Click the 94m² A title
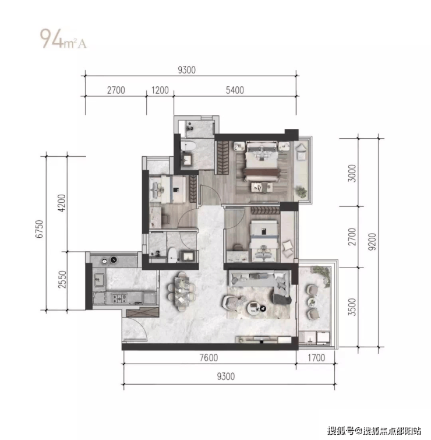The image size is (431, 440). click(x=63, y=38)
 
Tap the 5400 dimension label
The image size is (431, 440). click(x=235, y=90)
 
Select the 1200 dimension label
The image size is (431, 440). click(x=160, y=90)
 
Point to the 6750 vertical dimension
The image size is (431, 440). click(x=40, y=229)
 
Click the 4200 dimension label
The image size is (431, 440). click(x=61, y=203)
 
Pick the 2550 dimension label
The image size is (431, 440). click(x=62, y=280)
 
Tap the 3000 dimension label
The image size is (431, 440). click(x=352, y=173)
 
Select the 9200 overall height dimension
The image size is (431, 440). click(x=372, y=242)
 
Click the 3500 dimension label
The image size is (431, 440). click(x=352, y=307)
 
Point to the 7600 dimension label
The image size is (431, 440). click(x=209, y=357)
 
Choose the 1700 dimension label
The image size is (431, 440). click(x=316, y=357)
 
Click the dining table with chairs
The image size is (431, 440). click(x=182, y=291)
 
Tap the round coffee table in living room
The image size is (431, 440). click(x=254, y=307)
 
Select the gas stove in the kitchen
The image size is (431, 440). click(x=120, y=298)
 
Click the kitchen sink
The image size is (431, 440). click(x=99, y=279)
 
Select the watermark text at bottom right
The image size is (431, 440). click(x=375, y=430)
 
